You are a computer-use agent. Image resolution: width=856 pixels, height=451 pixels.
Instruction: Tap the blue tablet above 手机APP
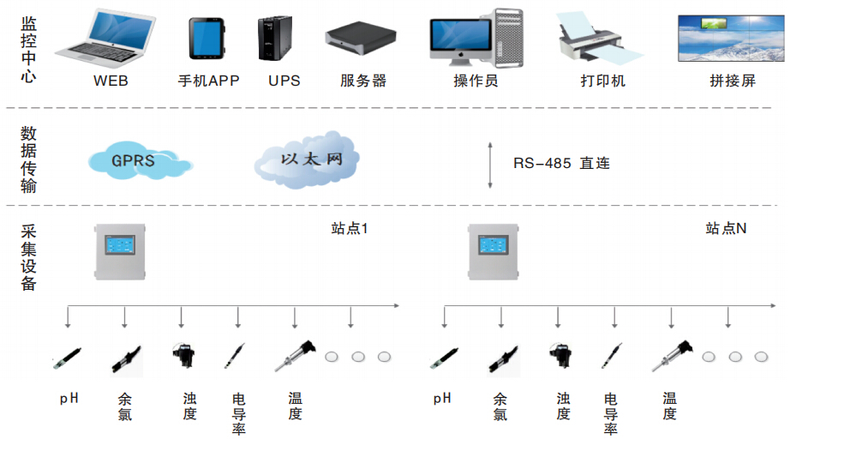pyautogui.click(x=206, y=39)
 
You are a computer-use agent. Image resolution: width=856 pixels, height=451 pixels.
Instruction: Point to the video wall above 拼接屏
pyautogui.click(x=730, y=39)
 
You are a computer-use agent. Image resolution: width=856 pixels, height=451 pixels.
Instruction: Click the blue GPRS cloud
pyautogui.click(x=136, y=159)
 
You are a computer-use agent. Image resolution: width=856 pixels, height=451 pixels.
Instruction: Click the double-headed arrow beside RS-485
pyautogui.click(x=489, y=165)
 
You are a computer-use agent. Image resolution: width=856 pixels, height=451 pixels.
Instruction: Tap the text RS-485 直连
pyautogui.click(x=561, y=163)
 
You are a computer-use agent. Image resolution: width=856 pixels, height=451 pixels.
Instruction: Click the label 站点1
pyautogui.click(x=350, y=229)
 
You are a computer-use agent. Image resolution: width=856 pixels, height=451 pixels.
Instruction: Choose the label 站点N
pyautogui.click(x=726, y=229)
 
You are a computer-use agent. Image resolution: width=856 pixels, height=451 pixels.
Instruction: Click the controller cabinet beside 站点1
pyautogui.click(x=121, y=251)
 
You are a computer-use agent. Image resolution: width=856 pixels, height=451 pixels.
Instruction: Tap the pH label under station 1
pyautogui.click(x=69, y=399)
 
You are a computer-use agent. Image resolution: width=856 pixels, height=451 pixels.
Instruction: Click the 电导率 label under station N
pyautogui.click(x=611, y=413)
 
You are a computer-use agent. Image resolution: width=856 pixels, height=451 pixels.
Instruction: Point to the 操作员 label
pyautogui.click(x=476, y=81)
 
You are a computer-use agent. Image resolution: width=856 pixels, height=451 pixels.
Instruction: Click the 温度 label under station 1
pyautogui.click(x=295, y=406)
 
